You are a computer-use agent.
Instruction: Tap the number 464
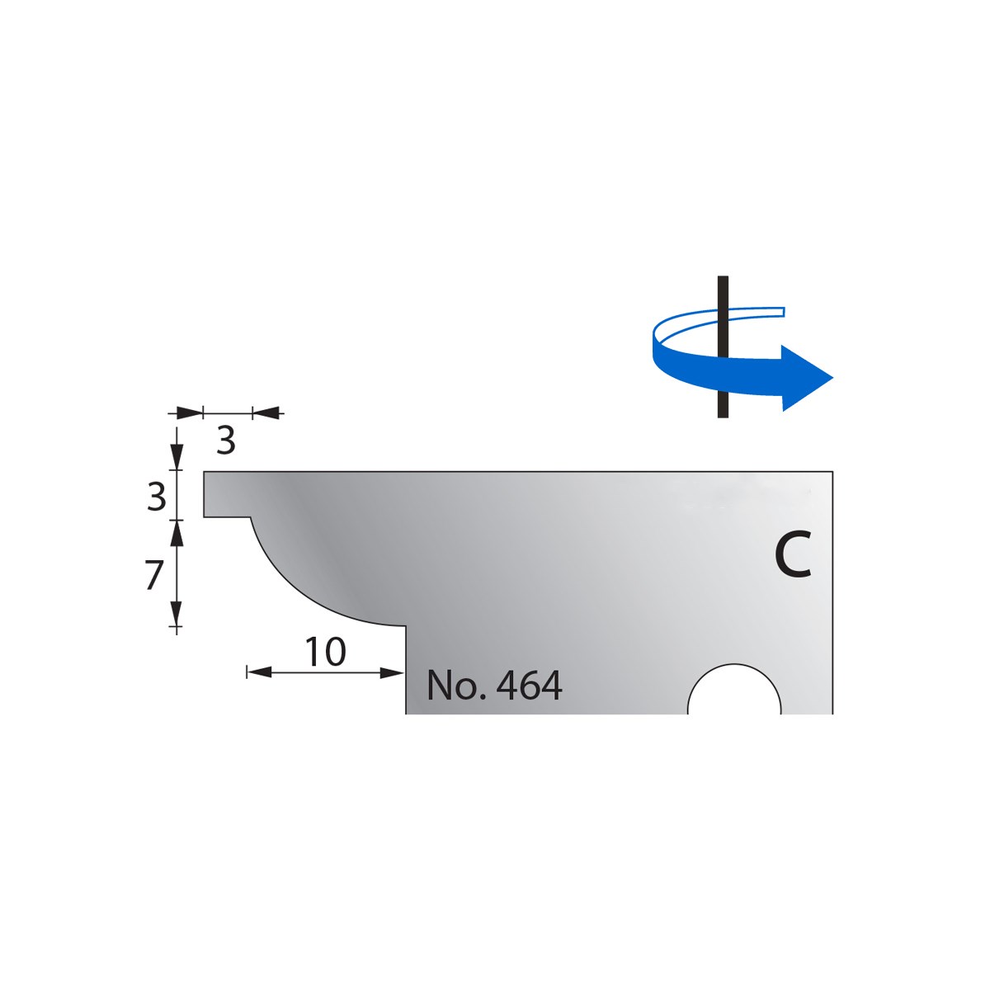click(x=529, y=686)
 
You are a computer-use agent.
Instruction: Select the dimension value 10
click(x=326, y=652)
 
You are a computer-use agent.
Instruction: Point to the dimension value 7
click(x=154, y=575)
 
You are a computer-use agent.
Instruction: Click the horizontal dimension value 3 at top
click(x=225, y=441)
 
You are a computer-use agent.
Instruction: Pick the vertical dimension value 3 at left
click(x=156, y=497)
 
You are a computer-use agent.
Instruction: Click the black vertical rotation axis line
click(x=723, y=346)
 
